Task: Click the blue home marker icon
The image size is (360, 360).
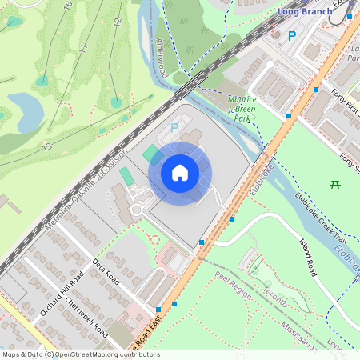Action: pyautogui.click(x=180, y=173)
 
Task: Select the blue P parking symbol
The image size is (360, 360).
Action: pyautogui.click(x=292, y=35)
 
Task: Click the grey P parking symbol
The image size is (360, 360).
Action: pyautogui.click(x=175, y=127)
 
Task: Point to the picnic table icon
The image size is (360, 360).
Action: pyautogui.click(x=335, y=184)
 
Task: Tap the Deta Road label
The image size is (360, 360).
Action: pyautogui.click(x=105, y=270)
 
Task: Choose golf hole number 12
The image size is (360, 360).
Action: pyautogui.click(x=117, y=23)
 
